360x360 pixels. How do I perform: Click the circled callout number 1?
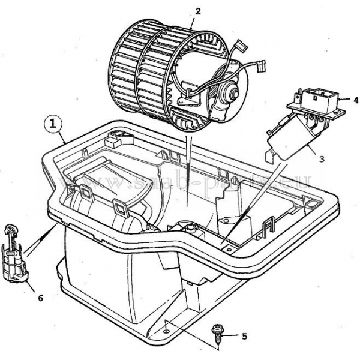[x=53, y=124]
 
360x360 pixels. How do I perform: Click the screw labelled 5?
[x=217, y=332]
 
